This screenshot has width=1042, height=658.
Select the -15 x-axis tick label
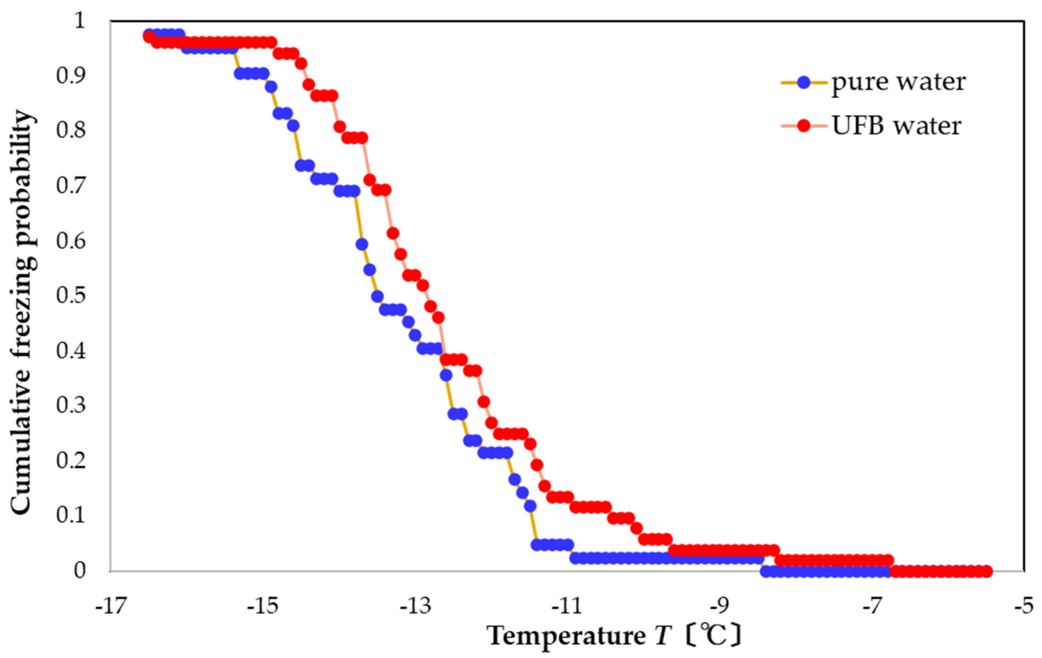[263, 607]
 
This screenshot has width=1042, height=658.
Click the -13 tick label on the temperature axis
[415, 607]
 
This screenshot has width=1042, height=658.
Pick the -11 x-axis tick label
[567, 607]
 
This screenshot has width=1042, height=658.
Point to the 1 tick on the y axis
[79, 21]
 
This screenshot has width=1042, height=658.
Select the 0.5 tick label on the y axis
[71, 296]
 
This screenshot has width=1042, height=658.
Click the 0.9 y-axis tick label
[71, 76]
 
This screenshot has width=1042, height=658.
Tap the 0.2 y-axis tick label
[71, 461]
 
